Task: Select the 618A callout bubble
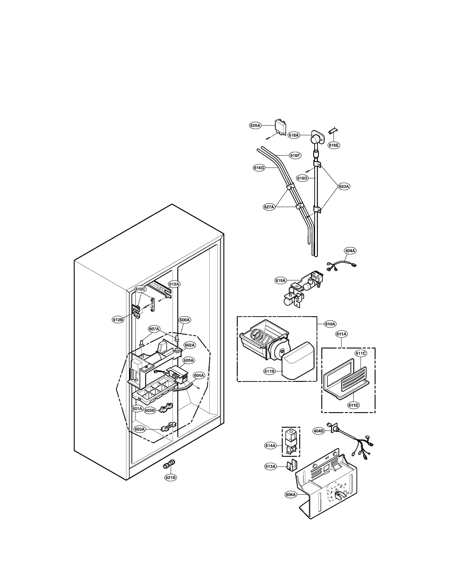tap(293, 135)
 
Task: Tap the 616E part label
tap(334, 145)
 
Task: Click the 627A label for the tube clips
tap(269, 207)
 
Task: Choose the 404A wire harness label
tap(350, 251)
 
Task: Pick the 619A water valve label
tap(280, 280)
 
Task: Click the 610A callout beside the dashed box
tap(330, 324)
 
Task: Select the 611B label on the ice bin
tap(269, 371)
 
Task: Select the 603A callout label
tap(139, 429)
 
